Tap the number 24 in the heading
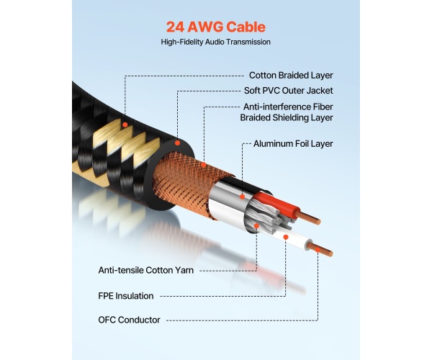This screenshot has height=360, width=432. coord(176,28)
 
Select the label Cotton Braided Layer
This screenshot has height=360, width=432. coord(291,75)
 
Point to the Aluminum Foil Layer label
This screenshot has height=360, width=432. coord(293,143)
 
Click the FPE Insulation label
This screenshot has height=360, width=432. coord(127,295)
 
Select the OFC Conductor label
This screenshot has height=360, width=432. coord(130,320)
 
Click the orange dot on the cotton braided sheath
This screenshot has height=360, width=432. coord(125,125)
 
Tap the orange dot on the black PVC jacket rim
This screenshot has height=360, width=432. coord(178,135)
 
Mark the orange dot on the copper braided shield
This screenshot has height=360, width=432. coord(204,166)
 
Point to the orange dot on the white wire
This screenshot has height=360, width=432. coord(287,236)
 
